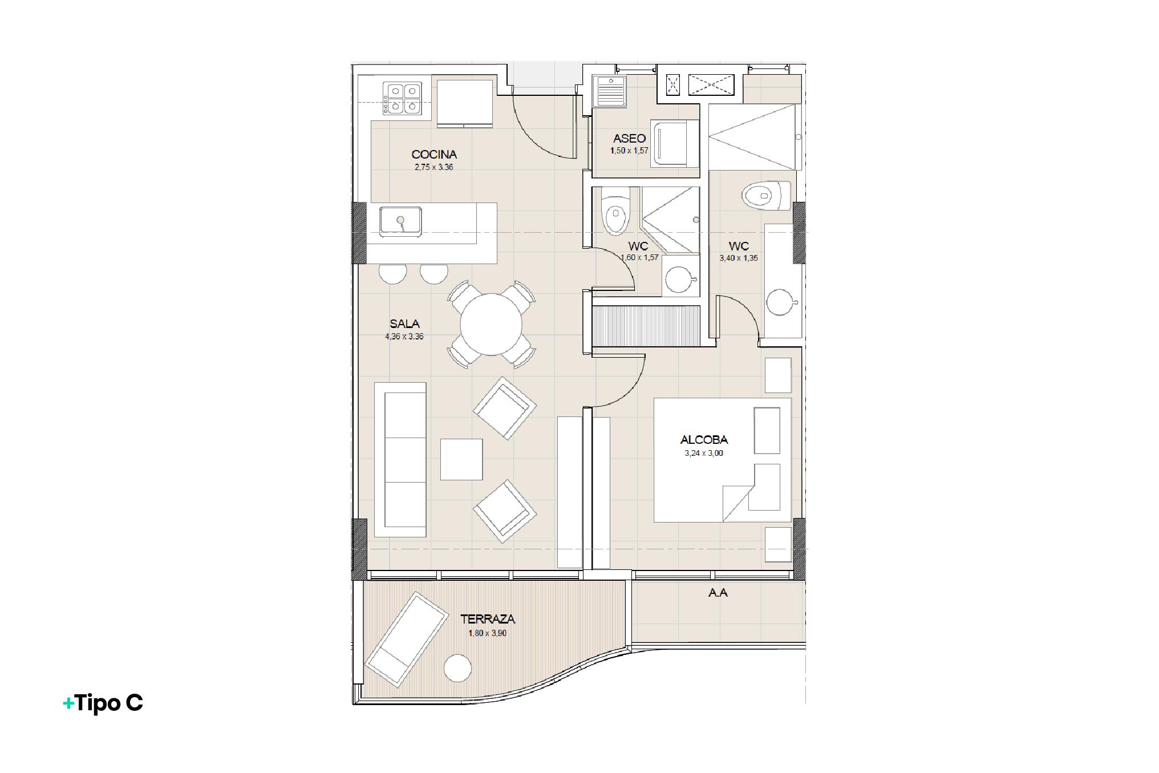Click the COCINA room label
point(434,154)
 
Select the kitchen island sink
point(401,221)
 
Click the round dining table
point(491,324)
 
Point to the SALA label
point(404,324)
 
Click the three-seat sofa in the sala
point(400,460)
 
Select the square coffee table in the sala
point(461,459)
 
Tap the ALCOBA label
point(704,440)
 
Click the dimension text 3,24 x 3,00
point(704,454)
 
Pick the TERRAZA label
point(488,619)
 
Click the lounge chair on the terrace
point(406,639)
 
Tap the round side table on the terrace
point(458,668)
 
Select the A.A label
point(718,593)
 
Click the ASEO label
point(630,139)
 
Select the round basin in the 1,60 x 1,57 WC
point(680,280)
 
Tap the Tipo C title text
point(103,703)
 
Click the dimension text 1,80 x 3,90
point(488,633)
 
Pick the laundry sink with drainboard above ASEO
point(610,92)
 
